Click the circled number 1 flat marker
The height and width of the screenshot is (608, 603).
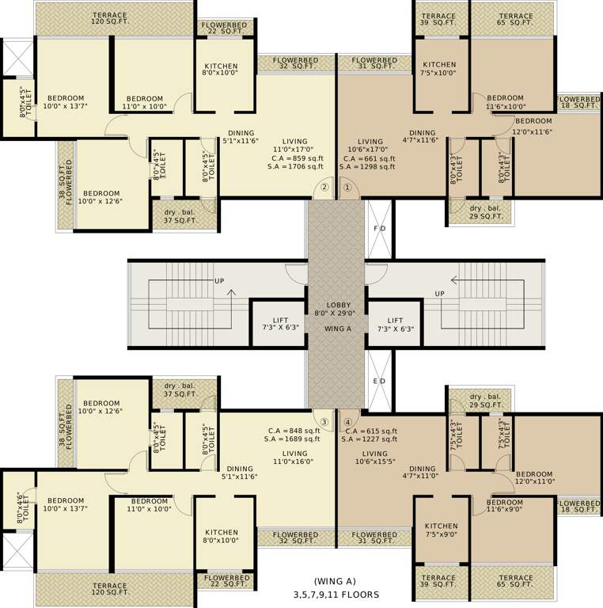click(346, 188)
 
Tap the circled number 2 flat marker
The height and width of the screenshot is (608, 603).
click(324, 188)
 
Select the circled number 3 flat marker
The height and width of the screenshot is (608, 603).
click(324, 421)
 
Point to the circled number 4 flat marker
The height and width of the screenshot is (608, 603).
click(347, 421)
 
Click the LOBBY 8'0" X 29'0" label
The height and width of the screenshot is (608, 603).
click(337, 310)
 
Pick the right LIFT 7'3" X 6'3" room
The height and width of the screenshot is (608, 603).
click(396, 323)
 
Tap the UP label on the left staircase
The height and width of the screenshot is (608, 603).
click(218, 281)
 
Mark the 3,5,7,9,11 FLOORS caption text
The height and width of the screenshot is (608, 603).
click(336, 594)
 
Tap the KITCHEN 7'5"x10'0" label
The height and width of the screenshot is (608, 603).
click(439, 69)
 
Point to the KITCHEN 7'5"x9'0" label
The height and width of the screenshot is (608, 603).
click(441, 530)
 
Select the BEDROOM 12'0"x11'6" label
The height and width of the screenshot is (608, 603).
click(533, 126)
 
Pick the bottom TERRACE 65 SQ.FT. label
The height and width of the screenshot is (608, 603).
click(516, 583)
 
